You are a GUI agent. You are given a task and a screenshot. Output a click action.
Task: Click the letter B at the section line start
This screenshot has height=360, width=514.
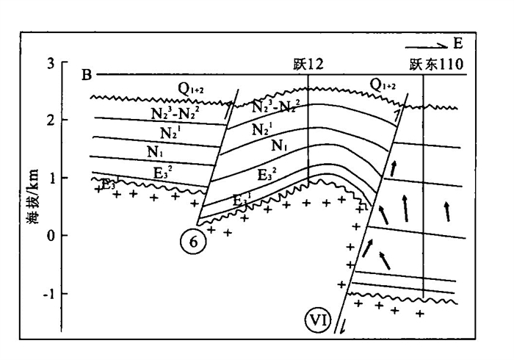pos(87,74)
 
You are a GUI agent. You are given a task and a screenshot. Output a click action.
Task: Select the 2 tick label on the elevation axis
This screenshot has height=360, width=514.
pos(50,120)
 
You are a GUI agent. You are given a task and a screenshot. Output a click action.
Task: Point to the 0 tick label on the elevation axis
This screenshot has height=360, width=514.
pos(50,235)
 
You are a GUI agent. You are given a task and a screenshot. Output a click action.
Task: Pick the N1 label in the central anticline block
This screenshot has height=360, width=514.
pos(278,146)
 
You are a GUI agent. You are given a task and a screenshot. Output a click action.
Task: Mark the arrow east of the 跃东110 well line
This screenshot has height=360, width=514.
pos(447,210)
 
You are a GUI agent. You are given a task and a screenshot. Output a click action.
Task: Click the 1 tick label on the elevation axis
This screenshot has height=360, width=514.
pos(50,177)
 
